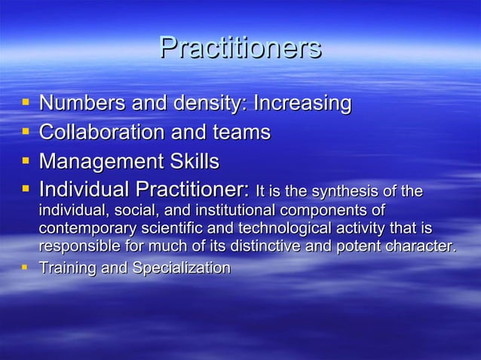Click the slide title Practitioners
coord(240,49)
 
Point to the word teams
coord(241,133)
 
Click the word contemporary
coord(84,228)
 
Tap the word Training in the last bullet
coord(63,267)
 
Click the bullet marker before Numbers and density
coord(26,102)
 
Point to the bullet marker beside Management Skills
coord(26,161)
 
